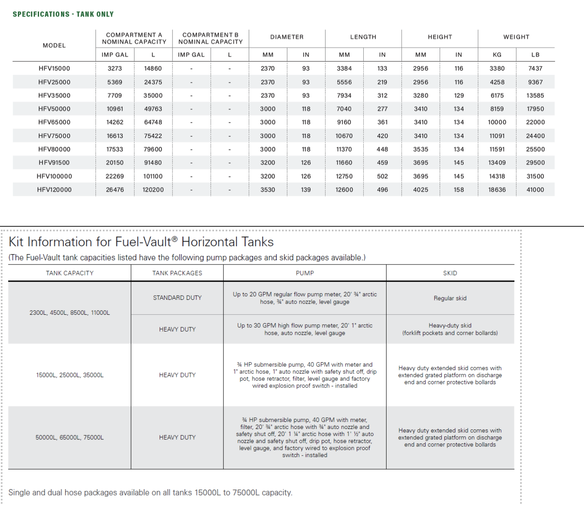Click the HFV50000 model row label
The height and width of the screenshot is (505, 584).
pyautogui.click(x=54, y=109)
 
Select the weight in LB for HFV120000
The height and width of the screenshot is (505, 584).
pyautogui.click(x=535, y=190)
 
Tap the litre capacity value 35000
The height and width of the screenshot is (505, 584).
pyautogui.click(x=153, y=96)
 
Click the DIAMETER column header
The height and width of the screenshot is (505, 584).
pyautogui.click(x=287, y=37)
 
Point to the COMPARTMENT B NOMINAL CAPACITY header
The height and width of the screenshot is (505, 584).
pyautogui.click(x=210, y=38)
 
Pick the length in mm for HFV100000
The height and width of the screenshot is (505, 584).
pyautogui.click(x=344, y=176)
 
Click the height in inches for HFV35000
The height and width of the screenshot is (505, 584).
pyautogui.click(x=459, y=96)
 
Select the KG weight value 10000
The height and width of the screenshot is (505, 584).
pyautogui.click(x=497, y=122)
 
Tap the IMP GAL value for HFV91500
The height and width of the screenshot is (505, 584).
pyautogui.click(x=114, y=163)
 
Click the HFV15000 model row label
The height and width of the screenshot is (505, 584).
pyautogui.click(x=54, y=69)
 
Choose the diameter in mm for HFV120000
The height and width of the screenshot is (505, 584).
pyautogui.click(x=268, y=190)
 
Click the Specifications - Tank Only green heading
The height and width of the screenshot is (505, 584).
pyautogui.click(x=63, y=14)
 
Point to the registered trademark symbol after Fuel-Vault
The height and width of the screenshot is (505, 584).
pyautogui.click(x=175, y=239)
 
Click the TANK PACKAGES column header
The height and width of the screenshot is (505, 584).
pyautogui.click(x=177, y=273)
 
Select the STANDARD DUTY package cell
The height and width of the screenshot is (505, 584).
pyautogui.click(x=177, y=298)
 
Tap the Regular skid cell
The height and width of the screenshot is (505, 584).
pyautogui.click(x=450, y=298)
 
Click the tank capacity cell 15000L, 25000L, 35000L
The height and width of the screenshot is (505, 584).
pyautogui.click(x=70, y=375)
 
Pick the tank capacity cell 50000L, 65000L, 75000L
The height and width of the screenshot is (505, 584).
pyautogui.click(x=70, y=437)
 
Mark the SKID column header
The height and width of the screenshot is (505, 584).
pyautogui.click(x=450, y=273)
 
